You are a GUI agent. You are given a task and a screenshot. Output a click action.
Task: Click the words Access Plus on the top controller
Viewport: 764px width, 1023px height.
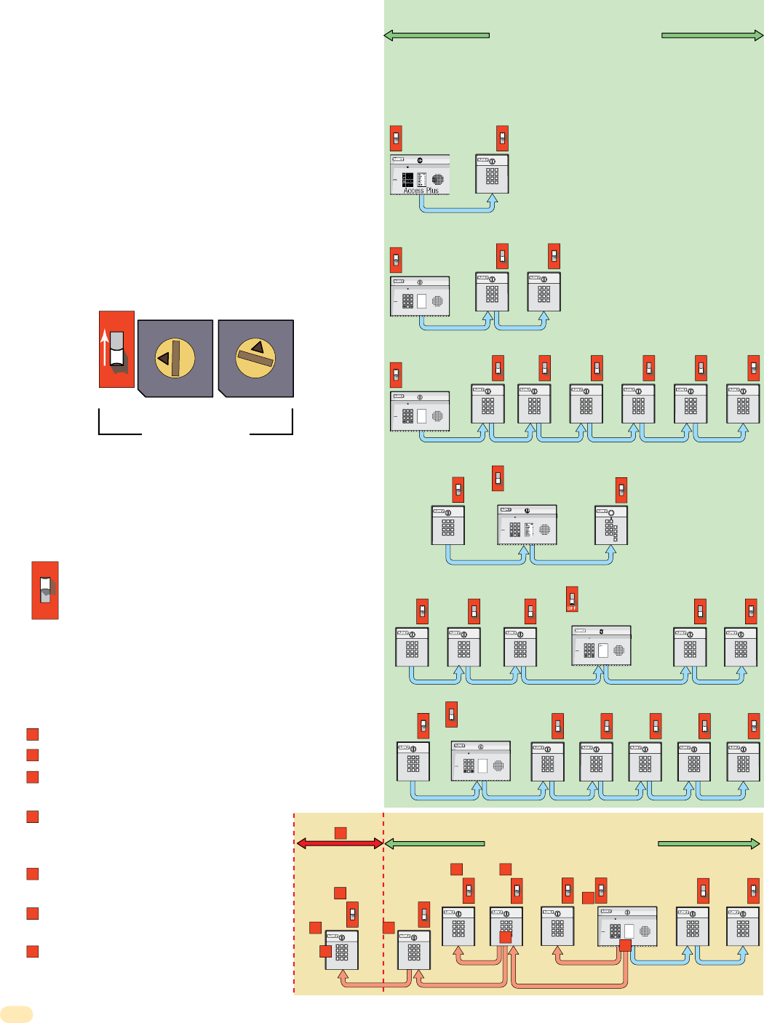click(x=421, y=191)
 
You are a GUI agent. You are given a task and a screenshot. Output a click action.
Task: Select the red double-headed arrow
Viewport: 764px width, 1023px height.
click(x=340, y=843)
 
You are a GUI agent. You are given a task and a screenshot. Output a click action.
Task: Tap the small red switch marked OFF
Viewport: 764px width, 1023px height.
click(x=572, y=599)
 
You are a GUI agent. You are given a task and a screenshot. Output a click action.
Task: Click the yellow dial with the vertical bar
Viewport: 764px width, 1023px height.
click(x=175, y=358)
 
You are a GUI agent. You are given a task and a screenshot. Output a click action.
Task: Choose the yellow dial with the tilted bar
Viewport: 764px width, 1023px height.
click(x=255, y=357)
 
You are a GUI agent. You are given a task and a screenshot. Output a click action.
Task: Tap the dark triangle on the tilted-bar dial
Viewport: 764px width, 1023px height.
click(x=257, y=347)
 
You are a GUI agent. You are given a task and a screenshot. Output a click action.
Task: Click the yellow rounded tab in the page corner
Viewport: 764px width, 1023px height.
click(x=17, y=1014)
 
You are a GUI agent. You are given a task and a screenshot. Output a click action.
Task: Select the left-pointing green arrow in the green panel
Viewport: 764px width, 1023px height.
click(x=437, y=35)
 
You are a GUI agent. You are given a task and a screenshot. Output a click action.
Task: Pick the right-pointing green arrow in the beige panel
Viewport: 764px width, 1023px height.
click(x=709, y=844)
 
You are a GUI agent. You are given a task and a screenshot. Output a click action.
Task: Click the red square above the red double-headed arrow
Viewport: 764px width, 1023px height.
click(x=340, y=832)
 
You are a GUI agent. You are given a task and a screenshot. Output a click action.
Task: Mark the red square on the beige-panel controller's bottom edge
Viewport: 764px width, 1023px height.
click(x=625, y=945)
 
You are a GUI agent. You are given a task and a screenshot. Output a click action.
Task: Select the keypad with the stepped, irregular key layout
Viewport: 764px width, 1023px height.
click(x=610, y=526)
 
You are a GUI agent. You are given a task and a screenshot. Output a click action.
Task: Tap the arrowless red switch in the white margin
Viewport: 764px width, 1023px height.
click(x=45, y=590)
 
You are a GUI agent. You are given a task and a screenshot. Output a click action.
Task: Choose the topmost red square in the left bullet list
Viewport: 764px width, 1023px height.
click(x=33, y=734)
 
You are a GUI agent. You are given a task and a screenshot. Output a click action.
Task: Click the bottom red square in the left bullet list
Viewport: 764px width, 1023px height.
click(x=33, y=952)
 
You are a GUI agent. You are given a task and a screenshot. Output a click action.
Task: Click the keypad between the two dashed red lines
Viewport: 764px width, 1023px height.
click(x=341, y=950)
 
